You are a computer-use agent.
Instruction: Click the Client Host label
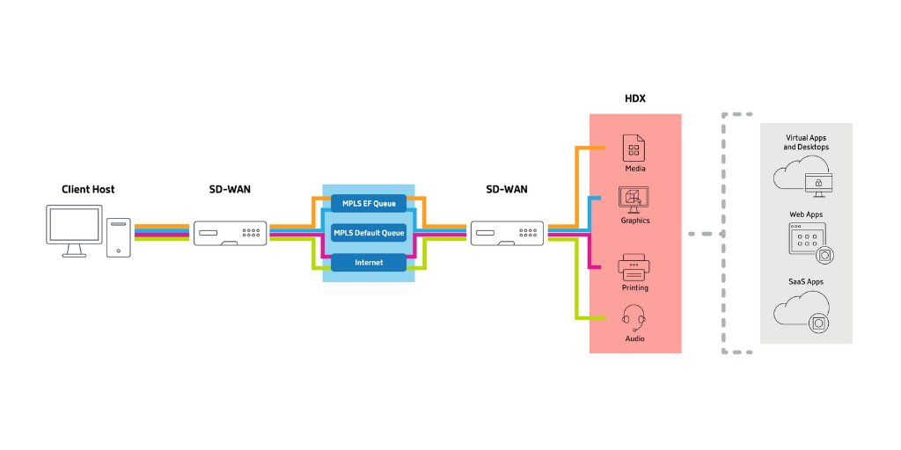point(88,189)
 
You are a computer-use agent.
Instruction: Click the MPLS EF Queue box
point(369,204)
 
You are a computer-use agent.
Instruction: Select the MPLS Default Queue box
point(369,233)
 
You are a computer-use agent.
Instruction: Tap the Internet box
point(369,262)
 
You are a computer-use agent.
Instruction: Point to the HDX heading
point(634,98)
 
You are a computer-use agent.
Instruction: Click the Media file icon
point(634,147)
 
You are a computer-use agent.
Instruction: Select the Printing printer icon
point(634,265)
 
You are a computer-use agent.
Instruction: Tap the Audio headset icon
point(634,316)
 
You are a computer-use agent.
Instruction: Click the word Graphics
point(634,221)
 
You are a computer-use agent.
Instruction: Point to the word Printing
point(634,287)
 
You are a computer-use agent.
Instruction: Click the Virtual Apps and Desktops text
point(807,142)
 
